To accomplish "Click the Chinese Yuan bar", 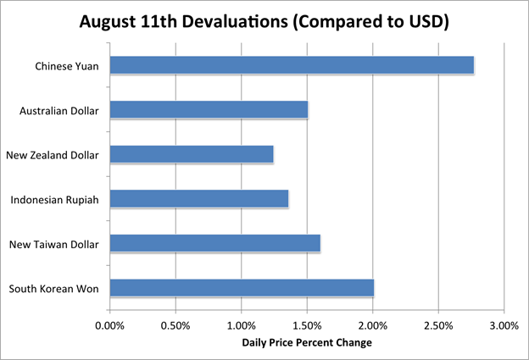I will pos(291,65).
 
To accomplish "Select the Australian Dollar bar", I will pos(209,110).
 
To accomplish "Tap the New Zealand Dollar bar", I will pos(192,154).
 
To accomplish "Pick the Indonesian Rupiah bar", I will pos(199,199).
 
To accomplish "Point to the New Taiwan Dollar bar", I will pos(214,244).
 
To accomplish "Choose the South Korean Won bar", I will pos(242,288).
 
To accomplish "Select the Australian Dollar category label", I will pos(59,110).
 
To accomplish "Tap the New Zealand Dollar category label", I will pos(53,155).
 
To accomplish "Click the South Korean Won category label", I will pos(54,289).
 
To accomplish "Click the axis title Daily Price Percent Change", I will pos(306,343).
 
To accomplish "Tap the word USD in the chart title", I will pos(425,19).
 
